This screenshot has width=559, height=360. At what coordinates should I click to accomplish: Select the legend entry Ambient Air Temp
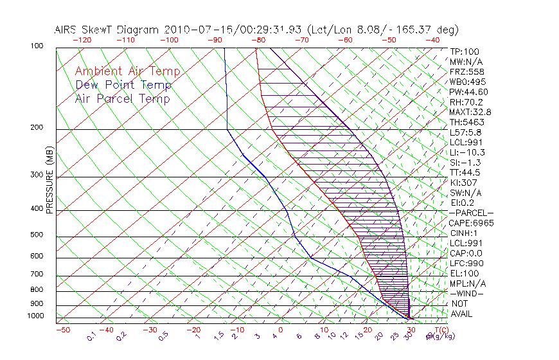pos(127,71)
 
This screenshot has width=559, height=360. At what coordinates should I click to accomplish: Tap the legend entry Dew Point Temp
pos(123,85)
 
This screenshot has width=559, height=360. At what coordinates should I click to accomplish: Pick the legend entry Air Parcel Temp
pos(123,98)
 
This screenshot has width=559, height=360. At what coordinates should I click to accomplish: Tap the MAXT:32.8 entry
pos(471,112)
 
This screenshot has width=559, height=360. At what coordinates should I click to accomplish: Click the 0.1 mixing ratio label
pos(92,336)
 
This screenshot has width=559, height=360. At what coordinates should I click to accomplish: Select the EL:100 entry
pos(464,273)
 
